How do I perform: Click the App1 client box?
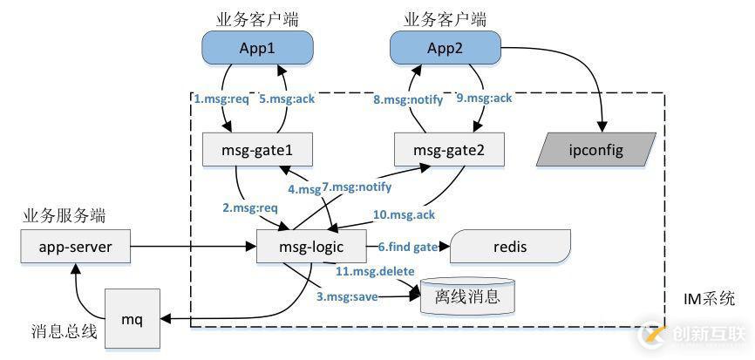[257, 47]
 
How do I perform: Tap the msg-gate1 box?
[257, 150]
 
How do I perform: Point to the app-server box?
[75, 248]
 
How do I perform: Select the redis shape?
[509, 248]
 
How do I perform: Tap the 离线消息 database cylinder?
[467, 297]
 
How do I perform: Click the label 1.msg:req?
[221, 99]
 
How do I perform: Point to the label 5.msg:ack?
[289, 99]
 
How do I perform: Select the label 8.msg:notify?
[408, 99]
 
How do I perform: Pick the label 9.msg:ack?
[485, 99]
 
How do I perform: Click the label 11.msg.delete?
[376, 271]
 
